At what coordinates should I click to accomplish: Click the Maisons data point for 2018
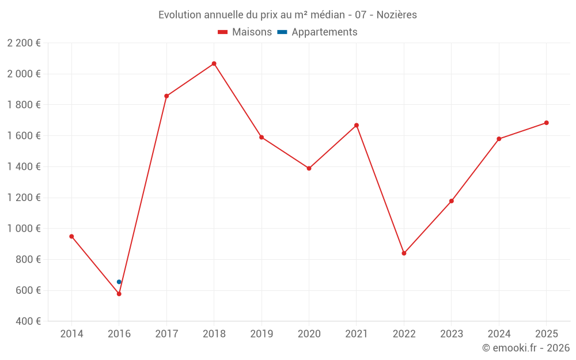[214, 63]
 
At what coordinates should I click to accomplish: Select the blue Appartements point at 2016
[119, 282]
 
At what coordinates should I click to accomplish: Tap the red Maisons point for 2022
[404, 253]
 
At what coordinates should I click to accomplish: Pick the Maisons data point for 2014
[71, 236]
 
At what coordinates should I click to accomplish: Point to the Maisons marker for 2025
[547, 123]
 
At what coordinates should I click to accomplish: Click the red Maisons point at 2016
[119, 294]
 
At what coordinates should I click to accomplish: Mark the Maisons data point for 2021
[357, 125]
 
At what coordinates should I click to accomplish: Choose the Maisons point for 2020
[309, 168]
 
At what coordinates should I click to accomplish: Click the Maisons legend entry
[245, 32]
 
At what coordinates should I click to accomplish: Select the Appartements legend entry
[317, 32]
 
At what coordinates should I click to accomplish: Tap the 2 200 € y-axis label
[24, 43]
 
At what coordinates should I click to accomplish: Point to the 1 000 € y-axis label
[24, 229]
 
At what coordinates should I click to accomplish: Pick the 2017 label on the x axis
[166, 334]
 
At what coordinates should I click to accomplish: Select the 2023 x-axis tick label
[452, 334]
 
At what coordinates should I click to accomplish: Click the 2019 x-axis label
[262, 334]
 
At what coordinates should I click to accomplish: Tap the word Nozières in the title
[397, 15]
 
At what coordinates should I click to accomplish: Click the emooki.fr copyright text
[526, 348]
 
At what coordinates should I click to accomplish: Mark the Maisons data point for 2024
[499, 139]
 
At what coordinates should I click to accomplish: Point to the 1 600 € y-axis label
[24, 136]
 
